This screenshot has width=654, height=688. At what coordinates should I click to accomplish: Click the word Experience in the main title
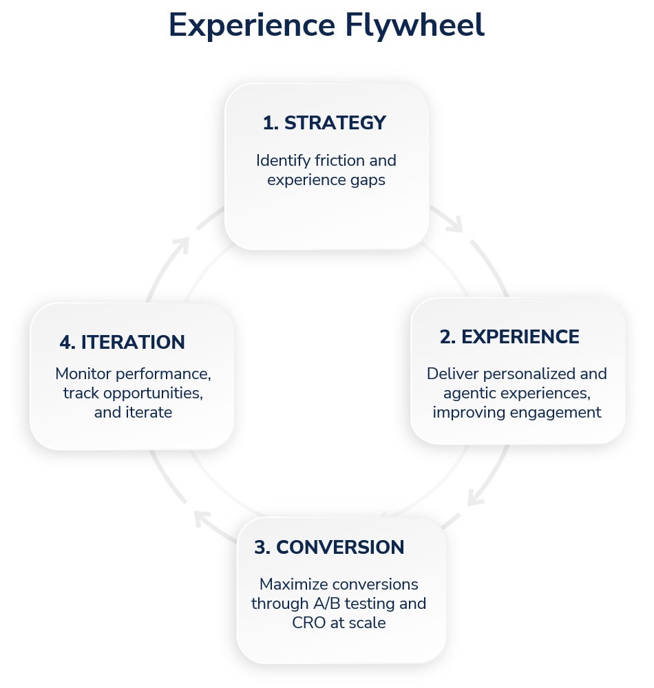249,26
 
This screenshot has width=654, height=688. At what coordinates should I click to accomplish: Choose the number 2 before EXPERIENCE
447,337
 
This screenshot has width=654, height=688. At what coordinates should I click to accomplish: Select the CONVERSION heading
340,548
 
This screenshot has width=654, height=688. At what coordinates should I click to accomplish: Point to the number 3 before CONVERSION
262,548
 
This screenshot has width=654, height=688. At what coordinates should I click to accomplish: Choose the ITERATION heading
133,342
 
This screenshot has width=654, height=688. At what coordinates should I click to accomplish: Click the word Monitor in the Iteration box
85,374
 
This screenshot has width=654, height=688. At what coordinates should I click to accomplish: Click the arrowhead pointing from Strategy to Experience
456,224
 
